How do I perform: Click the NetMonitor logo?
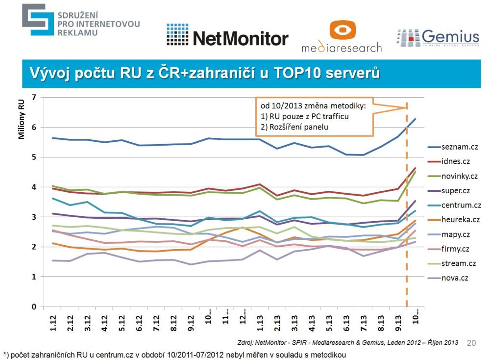(x=227, y=36)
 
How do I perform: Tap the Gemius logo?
(x=438, y=38)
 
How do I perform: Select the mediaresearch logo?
(x=342, y=37)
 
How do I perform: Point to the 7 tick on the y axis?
(x=34, y=97)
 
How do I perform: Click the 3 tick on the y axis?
(x=34, y=217)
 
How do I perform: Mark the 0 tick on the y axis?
(x=34, y=307)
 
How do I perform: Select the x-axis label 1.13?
(x=259, y=323)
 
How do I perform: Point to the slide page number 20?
(x=471, y=343)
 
